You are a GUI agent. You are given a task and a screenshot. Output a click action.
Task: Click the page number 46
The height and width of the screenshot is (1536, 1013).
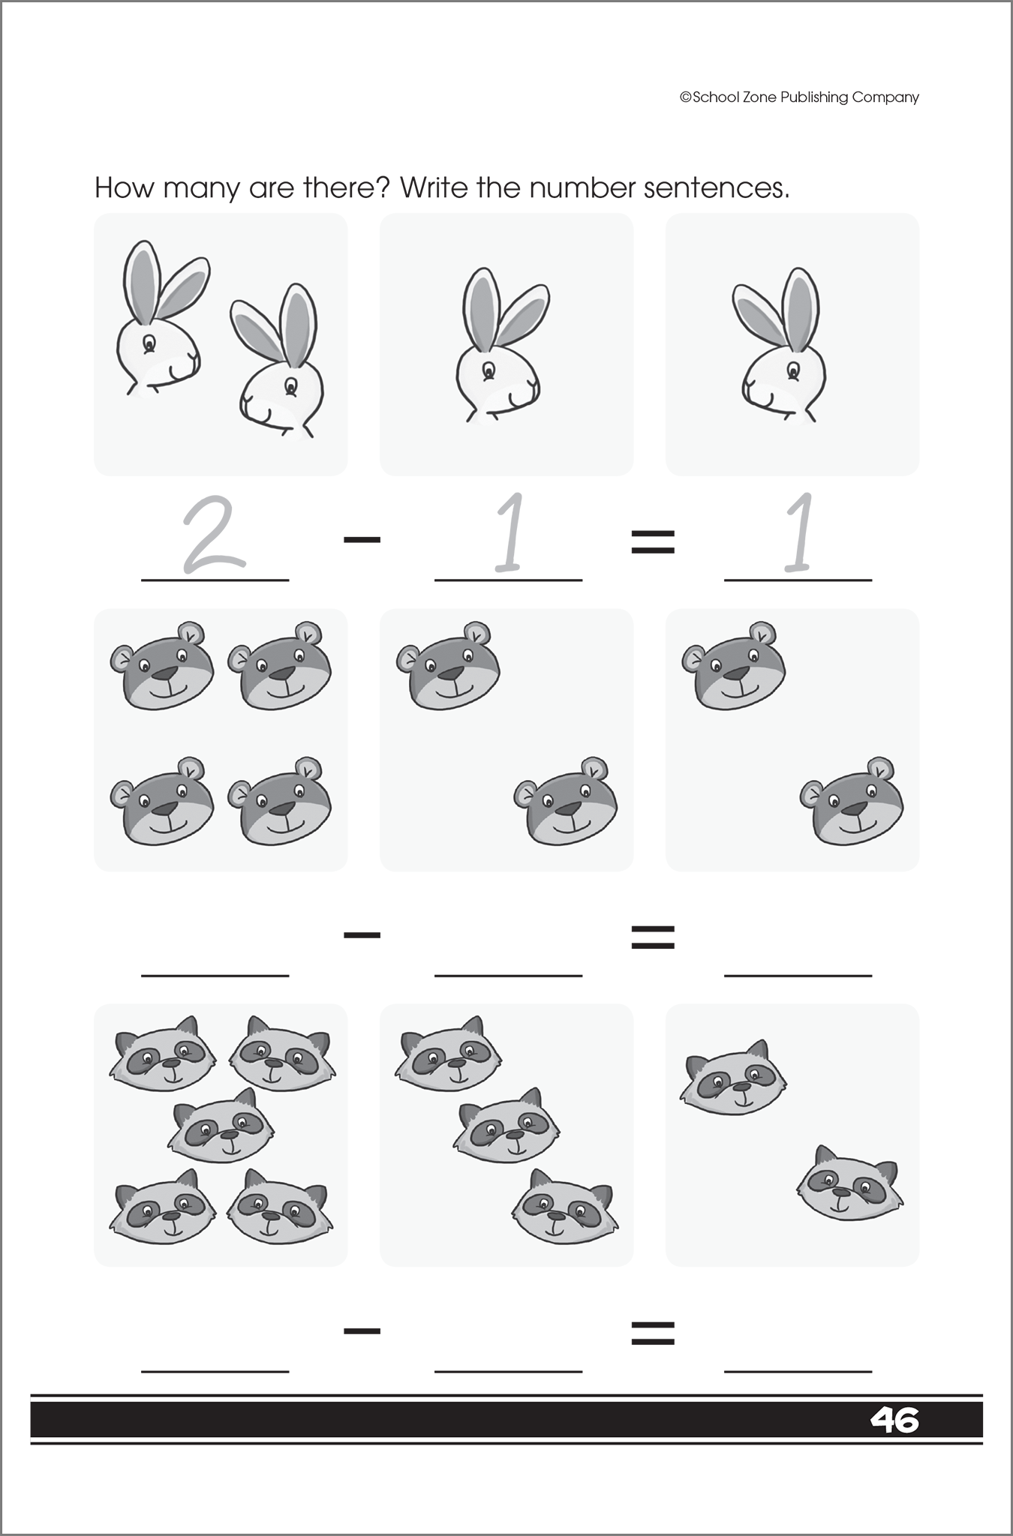point(894,1420)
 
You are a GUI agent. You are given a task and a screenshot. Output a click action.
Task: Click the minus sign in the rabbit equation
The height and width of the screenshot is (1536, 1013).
point(362,539)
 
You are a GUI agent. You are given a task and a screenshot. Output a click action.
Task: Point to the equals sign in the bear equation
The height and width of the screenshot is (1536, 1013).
point(653,936)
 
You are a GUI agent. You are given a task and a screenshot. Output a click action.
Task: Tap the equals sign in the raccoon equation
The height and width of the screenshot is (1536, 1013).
point(653,1332)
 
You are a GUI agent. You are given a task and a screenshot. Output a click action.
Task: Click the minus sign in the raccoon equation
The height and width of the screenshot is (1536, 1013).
point(362,1331)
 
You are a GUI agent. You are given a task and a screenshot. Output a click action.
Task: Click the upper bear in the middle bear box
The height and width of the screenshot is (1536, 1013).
point(448,666)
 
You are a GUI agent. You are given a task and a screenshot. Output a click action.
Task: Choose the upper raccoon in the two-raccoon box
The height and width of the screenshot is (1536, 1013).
point(733,1078)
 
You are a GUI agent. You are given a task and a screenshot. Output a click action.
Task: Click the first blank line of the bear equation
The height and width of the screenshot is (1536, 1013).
point(215,967)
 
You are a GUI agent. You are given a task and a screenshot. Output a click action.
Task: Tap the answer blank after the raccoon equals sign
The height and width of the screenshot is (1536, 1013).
point(798,1363)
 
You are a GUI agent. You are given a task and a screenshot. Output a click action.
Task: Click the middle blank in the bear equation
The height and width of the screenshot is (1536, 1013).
point(508,967)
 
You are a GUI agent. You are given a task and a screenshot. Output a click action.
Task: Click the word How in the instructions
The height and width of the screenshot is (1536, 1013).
point(124,187)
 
